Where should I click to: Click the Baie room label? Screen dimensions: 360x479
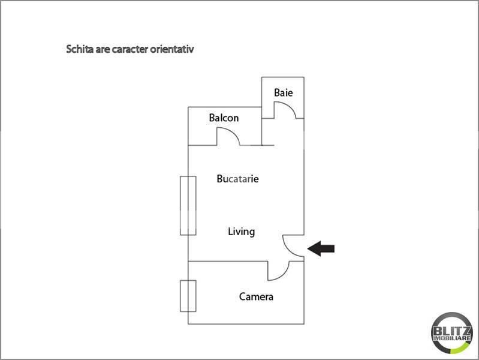(283, 93)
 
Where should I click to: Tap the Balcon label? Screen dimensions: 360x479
(224, 118)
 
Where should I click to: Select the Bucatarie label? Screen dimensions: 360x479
(238, 179)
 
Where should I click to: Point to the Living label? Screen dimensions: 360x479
(242, 231)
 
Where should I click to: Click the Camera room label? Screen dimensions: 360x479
(256, 296)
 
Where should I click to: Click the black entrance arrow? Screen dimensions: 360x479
(321, 248)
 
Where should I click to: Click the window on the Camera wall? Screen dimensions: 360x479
(188, 296)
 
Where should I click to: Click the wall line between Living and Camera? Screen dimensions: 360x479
(228, 261)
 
